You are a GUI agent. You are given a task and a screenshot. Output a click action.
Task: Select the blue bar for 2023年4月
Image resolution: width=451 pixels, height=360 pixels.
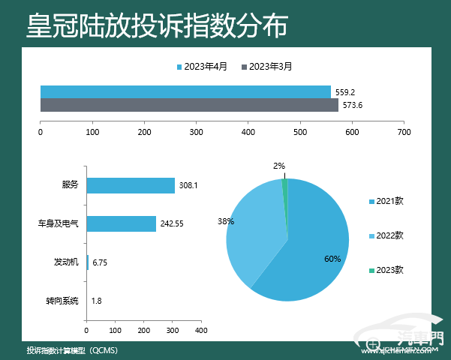pos(185,91)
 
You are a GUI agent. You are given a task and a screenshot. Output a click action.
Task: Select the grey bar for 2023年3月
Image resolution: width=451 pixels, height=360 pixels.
pos(189,105)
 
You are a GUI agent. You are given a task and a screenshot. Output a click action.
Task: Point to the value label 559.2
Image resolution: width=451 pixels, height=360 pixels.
pos(345,92)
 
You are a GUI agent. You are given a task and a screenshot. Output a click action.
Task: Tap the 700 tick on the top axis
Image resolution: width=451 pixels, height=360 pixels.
pos(404,132)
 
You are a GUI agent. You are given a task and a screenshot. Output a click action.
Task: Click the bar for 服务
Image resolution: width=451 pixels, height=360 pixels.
pos(131,185)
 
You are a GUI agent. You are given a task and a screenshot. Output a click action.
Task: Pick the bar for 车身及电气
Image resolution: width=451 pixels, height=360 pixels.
pos(122,223)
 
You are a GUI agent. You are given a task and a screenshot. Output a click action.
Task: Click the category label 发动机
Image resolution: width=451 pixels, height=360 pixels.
pos(66,262)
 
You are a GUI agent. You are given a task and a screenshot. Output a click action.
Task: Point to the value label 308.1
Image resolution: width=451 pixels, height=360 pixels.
pos(188,185)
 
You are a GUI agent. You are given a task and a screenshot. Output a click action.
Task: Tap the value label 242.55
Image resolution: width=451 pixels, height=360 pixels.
pos(173,223)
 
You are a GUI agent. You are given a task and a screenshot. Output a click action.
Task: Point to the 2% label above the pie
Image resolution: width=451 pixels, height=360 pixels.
pos(278,166)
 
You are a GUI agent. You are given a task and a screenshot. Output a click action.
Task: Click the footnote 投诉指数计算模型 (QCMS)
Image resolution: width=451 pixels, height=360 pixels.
pos(72,350)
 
